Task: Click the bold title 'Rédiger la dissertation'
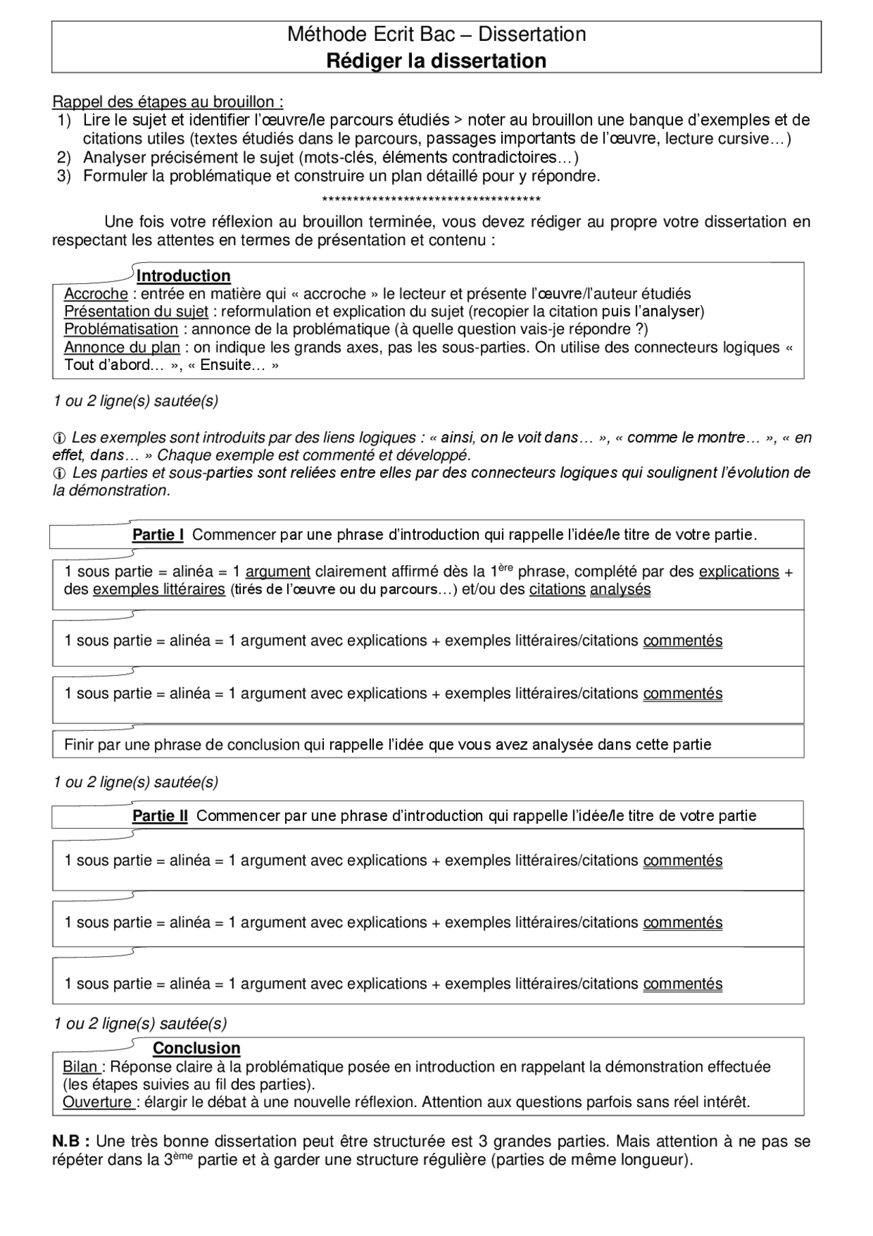coord(436,61)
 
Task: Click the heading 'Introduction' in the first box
coord(183,276)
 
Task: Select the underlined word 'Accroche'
coord(95,294)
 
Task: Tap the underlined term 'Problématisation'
coord(121,329)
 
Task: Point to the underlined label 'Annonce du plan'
coord(121,347)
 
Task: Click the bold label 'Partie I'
coord(158,535)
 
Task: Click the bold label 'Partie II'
coord(160,816)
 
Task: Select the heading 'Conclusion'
coord(196,1048)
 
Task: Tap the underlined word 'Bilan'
coord(80,1067)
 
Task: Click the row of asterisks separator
coord(431,200)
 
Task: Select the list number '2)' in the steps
coord(64,158)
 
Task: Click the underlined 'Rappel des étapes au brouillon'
coord(167,102)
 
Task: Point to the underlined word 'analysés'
coord(620,590)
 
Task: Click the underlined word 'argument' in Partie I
coord(278,572)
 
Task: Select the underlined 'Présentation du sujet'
coord(136,312)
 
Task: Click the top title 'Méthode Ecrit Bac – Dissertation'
coord(436,34)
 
